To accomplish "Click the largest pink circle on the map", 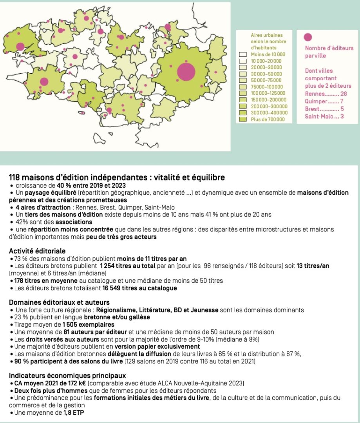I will click(x=186, y=72).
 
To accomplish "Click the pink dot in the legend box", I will click(x=308, y=37).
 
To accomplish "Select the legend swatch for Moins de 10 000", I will click(x=242, y=54).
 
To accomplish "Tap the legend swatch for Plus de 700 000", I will click(x=242, y=119).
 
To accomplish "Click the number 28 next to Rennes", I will click(x=344, y=94).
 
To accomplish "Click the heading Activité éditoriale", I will click(x=37, y=251).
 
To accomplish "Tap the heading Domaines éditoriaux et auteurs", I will click(x=59, y=302).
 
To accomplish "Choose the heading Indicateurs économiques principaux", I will click(x=67, y=376).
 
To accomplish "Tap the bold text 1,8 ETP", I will click(x=73, y=412).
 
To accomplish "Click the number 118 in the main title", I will click(x=15, y=177).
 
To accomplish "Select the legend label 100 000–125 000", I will click(x=268, y=93).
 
